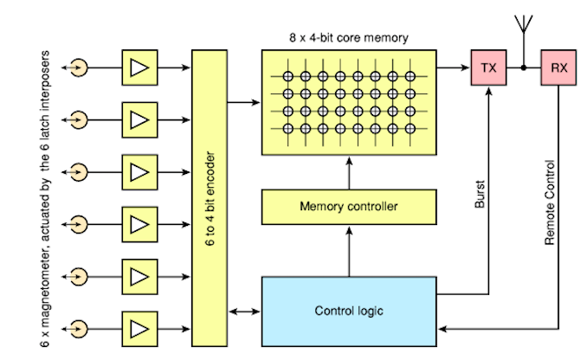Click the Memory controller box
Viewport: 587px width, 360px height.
point(347,206)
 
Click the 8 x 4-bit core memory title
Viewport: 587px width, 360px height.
point(348,38)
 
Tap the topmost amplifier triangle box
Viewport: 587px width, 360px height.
point(139,67)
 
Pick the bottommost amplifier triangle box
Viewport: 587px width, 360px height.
point(139,329)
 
